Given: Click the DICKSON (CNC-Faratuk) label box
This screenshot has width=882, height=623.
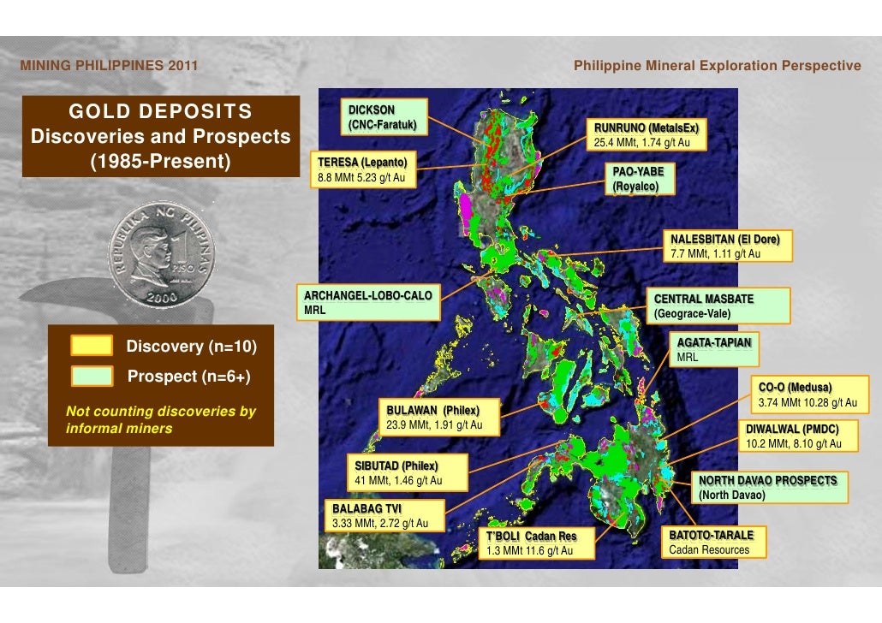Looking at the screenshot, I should (381, 119).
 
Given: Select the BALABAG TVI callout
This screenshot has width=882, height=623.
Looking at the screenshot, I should (378, 516).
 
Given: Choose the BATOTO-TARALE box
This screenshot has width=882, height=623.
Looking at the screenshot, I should (713, 543).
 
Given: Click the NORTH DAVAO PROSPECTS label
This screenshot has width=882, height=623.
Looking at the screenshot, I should (769, 488).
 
